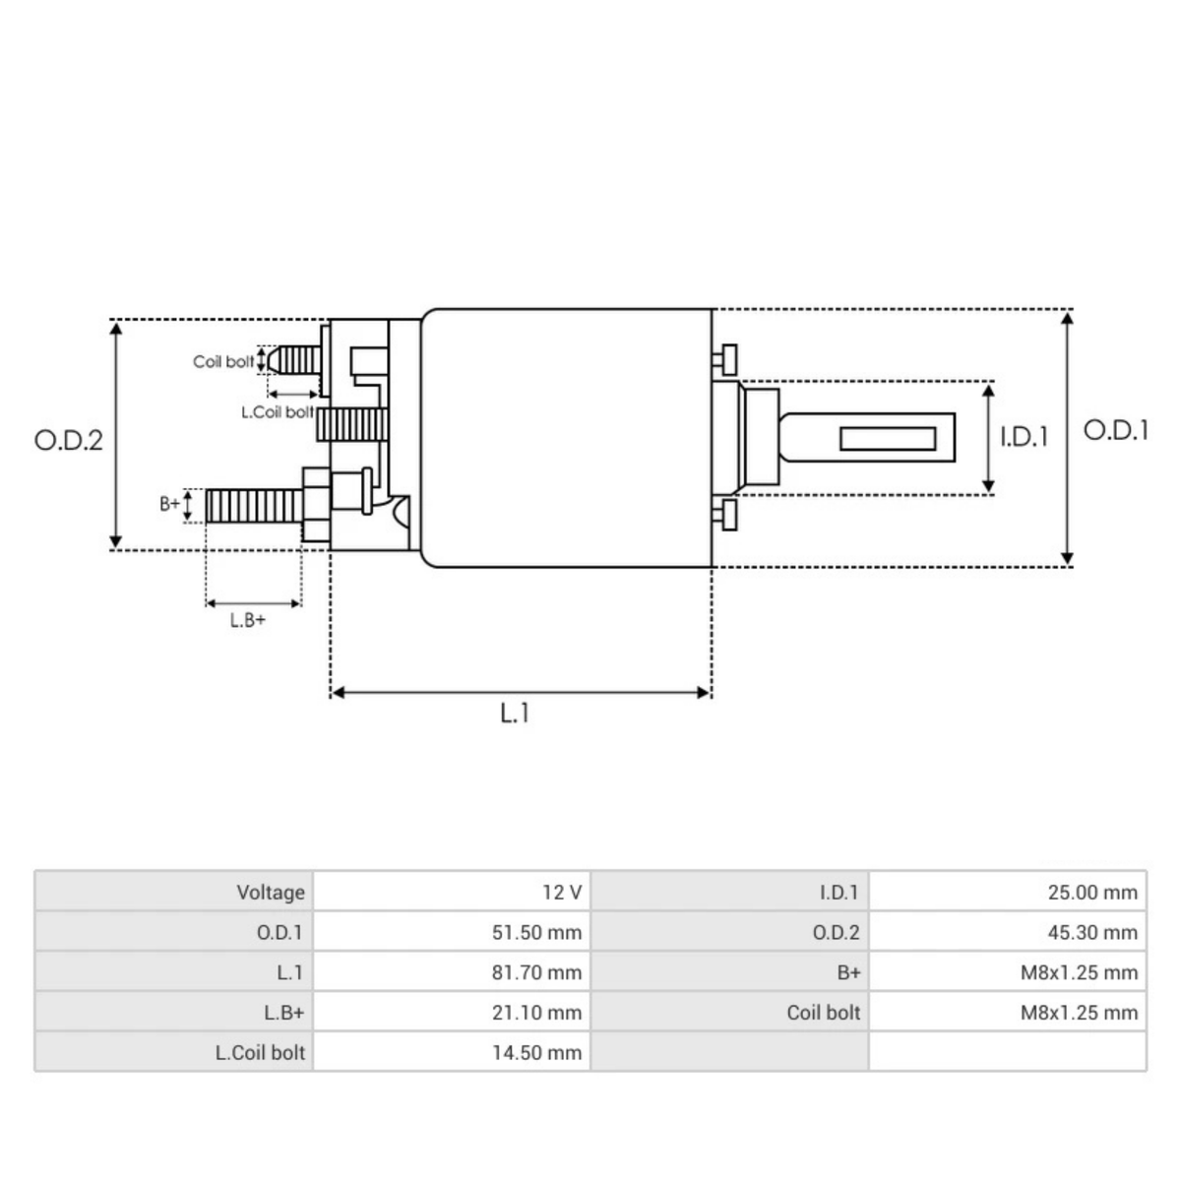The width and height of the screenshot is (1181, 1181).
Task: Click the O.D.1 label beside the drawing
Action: [1115, 430]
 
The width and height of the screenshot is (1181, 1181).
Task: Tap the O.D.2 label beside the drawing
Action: [68, 439]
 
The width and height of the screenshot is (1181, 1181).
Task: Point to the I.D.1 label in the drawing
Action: [1025, 437]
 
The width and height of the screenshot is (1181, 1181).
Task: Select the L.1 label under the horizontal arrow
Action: [514, 714]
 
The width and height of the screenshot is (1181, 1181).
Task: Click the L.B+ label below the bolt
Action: [247, 621]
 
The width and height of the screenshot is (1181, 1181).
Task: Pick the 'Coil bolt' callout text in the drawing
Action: [223, 362]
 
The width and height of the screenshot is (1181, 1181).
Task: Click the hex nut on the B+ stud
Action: [315, 504]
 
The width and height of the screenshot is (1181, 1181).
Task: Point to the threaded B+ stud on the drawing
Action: [253, 507]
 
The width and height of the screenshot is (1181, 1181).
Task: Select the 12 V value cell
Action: [562, 893]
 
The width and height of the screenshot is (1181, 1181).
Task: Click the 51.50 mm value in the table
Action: [536, 932]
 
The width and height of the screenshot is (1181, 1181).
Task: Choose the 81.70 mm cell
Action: [536, 972]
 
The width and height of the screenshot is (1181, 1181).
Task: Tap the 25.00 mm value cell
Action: [1092, 893]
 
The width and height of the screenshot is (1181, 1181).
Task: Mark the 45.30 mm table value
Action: [1092, 932]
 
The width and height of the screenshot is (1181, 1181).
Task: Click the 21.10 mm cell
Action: [536, 1013]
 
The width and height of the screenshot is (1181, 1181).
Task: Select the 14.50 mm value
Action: [536, 1052]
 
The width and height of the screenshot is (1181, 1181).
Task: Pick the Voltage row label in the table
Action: [271, 893]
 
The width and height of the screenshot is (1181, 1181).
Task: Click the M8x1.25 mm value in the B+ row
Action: [1079, 972]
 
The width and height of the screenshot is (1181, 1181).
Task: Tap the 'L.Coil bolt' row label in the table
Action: [260, 1052]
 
